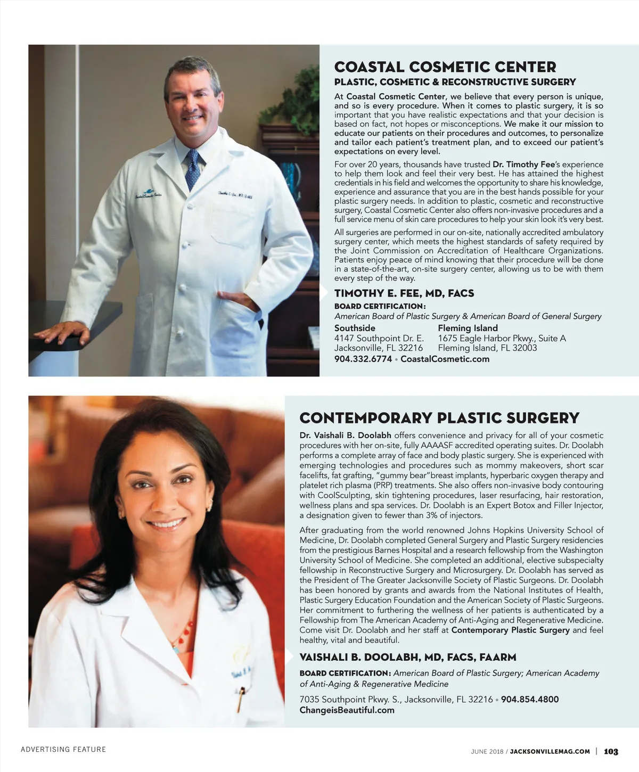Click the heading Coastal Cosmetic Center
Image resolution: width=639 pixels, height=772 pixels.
(445, 67)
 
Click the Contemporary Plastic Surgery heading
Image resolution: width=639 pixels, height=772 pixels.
(439, 418)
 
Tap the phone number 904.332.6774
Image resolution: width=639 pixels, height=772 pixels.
(363, 359)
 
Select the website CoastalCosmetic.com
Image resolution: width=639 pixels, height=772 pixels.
(445, 359)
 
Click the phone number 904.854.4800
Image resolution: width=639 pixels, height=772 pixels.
(530, 699)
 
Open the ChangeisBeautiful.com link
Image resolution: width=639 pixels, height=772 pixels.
(347, 710)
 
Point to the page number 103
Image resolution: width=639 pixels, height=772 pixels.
(611, 751)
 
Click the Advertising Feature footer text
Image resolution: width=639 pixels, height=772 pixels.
(63, 749)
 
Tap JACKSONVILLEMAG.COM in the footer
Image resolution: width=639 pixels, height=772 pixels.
(550, 751)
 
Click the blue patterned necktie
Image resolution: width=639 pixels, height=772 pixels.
(193, 169)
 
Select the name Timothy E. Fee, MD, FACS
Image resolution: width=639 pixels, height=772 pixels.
(404, 293)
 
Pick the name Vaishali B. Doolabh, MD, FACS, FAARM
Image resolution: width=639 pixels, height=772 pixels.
(408, 657)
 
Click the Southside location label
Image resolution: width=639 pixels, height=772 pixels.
(355, 328)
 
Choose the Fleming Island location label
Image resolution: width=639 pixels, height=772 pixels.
(468, 328)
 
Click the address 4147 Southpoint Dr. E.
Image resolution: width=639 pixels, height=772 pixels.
(379, 338)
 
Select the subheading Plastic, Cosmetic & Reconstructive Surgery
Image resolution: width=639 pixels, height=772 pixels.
(455, 82)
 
